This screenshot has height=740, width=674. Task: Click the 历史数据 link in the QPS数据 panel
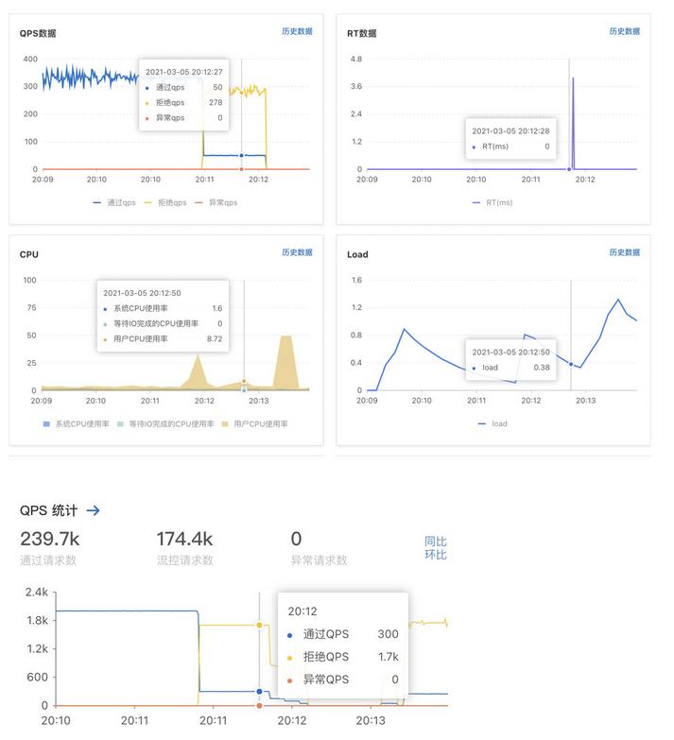pos(296,31)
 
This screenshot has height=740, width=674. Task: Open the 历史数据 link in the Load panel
pos(624,252)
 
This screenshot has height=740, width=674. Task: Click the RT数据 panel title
pos(361,33)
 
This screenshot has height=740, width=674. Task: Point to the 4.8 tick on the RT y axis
pos(355,59)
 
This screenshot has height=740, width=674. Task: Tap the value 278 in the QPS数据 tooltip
pos(216,103)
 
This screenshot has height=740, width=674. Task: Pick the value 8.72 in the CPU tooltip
pos(215,338)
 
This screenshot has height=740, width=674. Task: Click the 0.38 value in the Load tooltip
pos(541,368)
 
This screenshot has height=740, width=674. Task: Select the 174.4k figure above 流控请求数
pos(184,539)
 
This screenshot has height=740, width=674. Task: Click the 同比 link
pos(435,542)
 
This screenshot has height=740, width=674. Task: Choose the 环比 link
pos(435,555)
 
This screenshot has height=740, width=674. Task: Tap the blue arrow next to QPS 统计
pos(93,510)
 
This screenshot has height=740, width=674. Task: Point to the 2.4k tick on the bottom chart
pos(36,593)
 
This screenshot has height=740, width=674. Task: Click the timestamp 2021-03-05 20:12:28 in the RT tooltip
pos(510,131)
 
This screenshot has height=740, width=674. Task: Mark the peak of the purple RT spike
pos(573,78)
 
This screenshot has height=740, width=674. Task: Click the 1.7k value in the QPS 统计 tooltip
pos(389,657)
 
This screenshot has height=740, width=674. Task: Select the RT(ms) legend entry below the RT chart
pos(493,202)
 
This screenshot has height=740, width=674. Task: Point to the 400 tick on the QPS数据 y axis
pos(30,59)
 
